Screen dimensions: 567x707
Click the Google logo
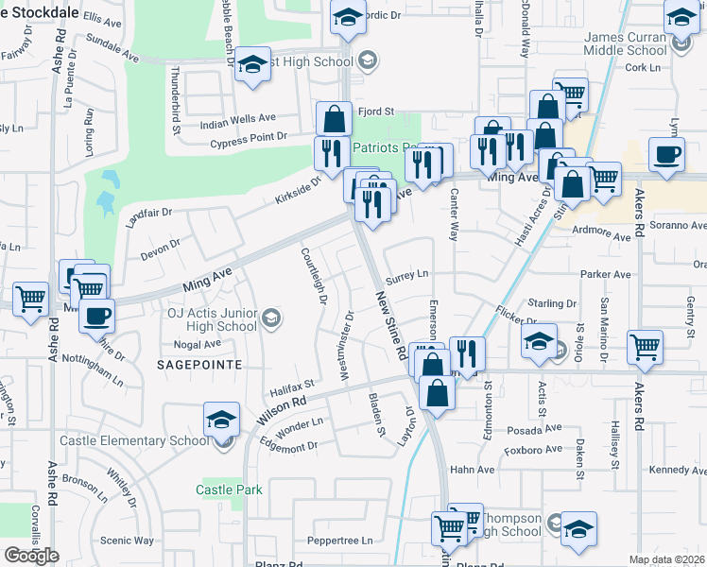coord(31,555)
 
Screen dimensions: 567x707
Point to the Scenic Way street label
coord(127,541)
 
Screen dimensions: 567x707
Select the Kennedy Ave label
coord(678,470)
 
